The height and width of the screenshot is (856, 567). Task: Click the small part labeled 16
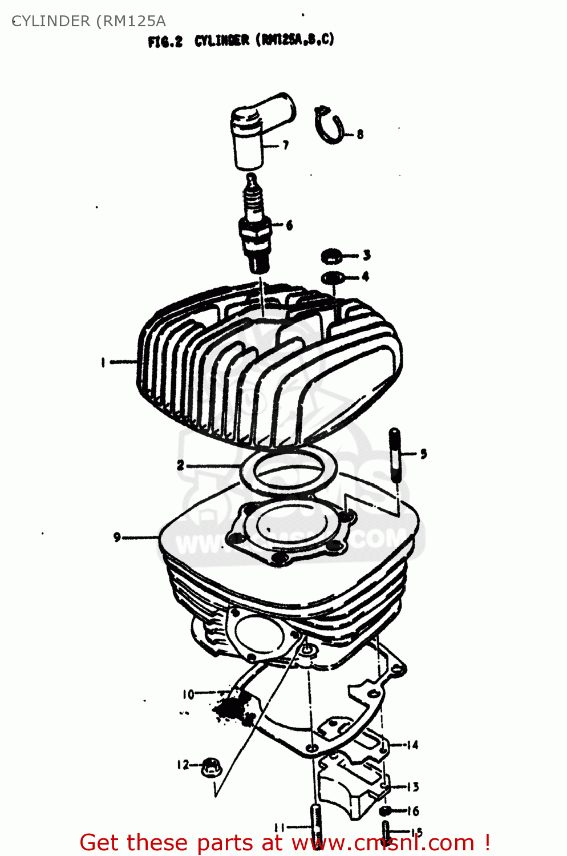pos(386,811)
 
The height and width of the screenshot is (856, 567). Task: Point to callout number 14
pos(412,745)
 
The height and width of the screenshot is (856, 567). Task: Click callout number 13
pos(412,787)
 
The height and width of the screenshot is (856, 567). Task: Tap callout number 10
pos(188,695)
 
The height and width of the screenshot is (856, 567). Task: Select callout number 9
pos(117,537)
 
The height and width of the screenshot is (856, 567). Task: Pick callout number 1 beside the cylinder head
pos(103,362)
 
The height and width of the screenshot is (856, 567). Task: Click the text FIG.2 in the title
pos(165,42)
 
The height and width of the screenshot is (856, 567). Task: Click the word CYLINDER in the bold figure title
pos(222,41)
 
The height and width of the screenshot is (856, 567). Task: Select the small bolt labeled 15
pos(386,830)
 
